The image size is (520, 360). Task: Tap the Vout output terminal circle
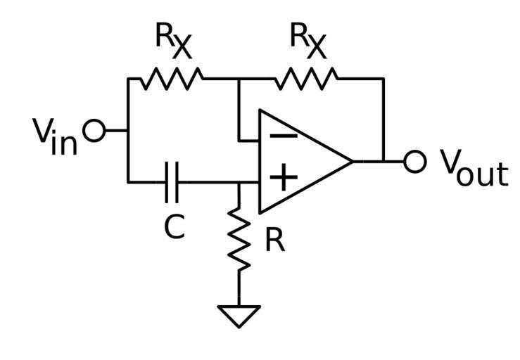pyautogui.click(x=415, y=161)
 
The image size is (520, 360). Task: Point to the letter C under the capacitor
pyautogui.click(x=174, y=226)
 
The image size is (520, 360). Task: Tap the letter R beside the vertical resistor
pyautogui.click(x=275, y=241)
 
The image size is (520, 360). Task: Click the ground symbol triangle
pyautogui.click(x=239, y=316)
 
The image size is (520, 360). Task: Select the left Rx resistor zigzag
pyautogui.click(x=171, y=79)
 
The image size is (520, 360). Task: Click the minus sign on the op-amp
pyautogui.click(x=282, y=136)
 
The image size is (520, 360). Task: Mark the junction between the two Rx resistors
pyautogui.click(x=239, y=79)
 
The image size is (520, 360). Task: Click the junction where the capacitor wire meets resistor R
pyautogui.click(x=239, y=183)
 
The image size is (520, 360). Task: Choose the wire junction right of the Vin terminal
pyautogui.click(x=128, y=130)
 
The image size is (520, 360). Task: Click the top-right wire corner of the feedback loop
pyautogui.click(x=383, y=79)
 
